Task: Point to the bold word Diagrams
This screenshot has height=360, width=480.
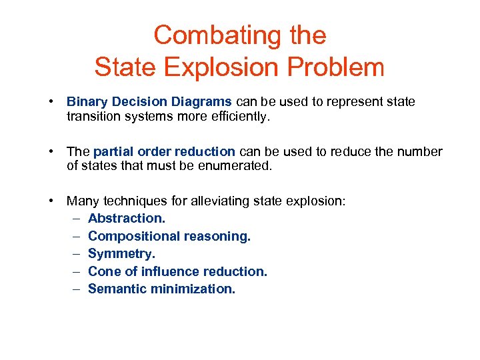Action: point(198,102)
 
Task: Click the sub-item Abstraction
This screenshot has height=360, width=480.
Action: point(126,218)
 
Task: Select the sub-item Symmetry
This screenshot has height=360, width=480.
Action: point(121,254)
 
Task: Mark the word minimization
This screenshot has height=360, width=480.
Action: point(195,289)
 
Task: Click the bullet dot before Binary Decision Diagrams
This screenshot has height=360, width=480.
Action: point(51,102)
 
